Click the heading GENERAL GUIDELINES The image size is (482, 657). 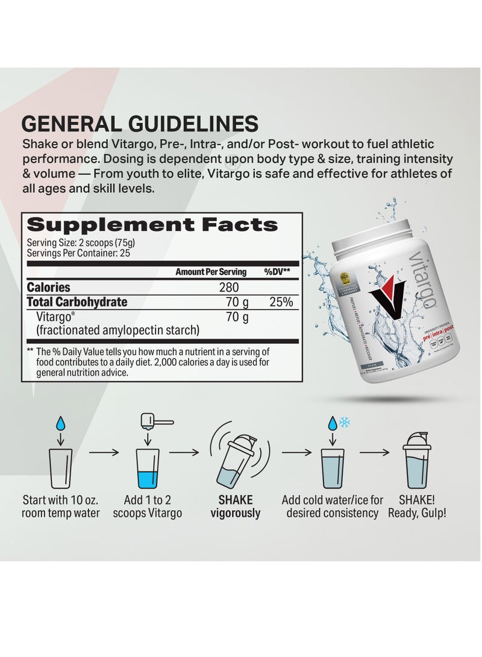point(140,123)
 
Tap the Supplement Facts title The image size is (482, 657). point(152,225)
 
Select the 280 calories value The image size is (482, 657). point(228,288)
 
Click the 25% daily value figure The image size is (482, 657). point(281,302)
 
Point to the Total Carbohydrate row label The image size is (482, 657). point(77,302)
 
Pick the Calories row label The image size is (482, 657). point(49,288)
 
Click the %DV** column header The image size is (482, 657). point(278,272)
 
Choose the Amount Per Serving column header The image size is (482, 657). point(210,272)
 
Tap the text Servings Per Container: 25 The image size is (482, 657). point(78,253)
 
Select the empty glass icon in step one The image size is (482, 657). point(61,468)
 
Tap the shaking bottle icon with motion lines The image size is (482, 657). point(236,459)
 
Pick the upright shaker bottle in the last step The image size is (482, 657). point(420,460)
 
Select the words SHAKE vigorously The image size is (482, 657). point(236,506)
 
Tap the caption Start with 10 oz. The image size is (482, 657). point(61,500)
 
